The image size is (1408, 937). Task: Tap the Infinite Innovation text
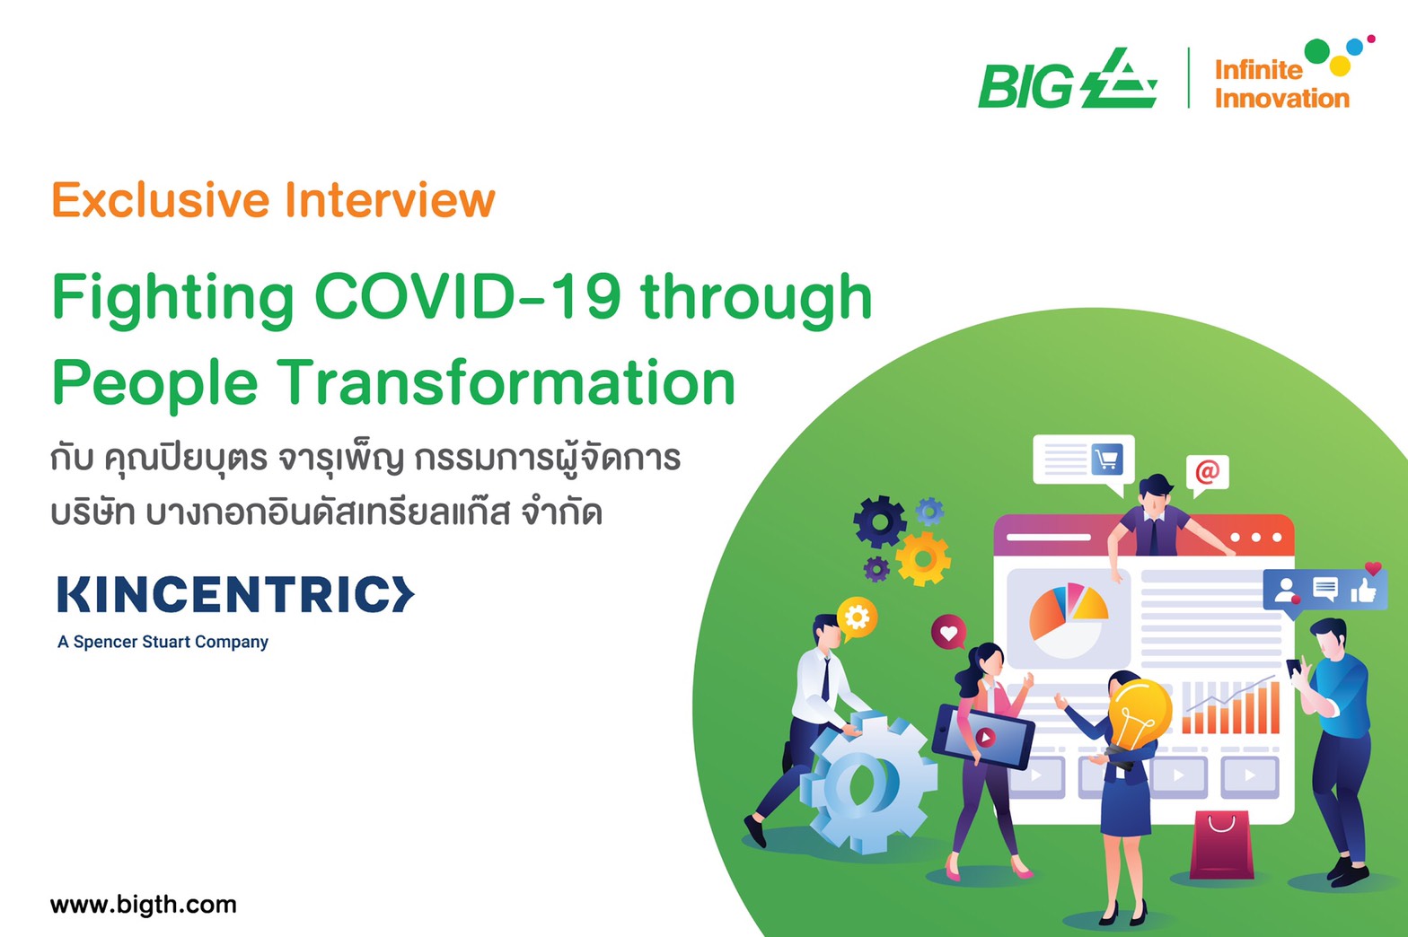[x=1280, y=83]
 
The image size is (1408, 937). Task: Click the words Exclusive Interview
[x=273, y=199]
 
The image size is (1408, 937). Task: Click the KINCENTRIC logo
[x=235, y=595]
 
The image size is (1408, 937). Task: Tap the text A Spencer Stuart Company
[x=163, y=642]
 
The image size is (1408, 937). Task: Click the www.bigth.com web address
[x=144, y=904]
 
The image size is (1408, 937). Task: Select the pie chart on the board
[x=1068, y=617]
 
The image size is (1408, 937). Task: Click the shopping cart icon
[x=1106, y=460]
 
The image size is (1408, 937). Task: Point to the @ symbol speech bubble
[x=1207, y=472]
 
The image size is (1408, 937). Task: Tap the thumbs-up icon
[x=1363, y=590]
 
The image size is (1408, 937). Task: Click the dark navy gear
[x=879, y=521]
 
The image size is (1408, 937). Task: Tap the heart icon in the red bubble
[x=948, y=633]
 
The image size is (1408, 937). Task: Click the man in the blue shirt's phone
[x=1294, y=668]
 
